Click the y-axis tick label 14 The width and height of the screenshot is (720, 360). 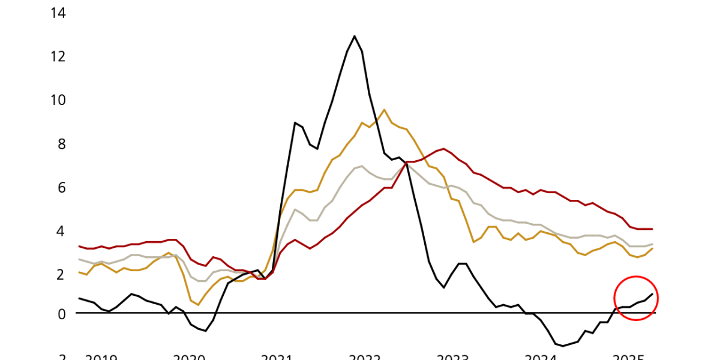(x=59, y=13)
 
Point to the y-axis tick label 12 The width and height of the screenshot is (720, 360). (x=59, y=56)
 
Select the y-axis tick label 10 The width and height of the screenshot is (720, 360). (x=59, y=100)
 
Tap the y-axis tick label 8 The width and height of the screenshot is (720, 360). (x=62, y=144)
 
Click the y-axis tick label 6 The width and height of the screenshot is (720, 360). (x=62, y=188)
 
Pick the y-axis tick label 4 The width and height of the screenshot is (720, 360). (x=62, y=231)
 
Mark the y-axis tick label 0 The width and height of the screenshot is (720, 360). (x=62, y=313)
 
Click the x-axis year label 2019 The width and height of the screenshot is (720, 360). (x=101, y=357)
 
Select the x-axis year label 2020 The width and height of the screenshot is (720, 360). (x=190, y=357)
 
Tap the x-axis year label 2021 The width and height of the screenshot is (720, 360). (x=277, y=357)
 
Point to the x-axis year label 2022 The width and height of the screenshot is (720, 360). (x=365, y=357)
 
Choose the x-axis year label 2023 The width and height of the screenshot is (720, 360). (x=452, y=357)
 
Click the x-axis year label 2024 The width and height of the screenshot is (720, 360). (x=541, y=357)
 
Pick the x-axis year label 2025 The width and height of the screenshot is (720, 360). (x=628, y=357)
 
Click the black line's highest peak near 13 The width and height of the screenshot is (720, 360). (x=355, y=36)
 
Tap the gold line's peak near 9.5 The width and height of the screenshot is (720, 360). (x=384, y=110)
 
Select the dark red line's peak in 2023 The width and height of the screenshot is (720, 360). (x=443, y=149)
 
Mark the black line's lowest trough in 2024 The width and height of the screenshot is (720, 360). (x=563, y=346)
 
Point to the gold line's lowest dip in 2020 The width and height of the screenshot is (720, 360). (x=198, y=305)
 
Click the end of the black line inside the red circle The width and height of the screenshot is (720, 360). (x=652, y=294)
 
